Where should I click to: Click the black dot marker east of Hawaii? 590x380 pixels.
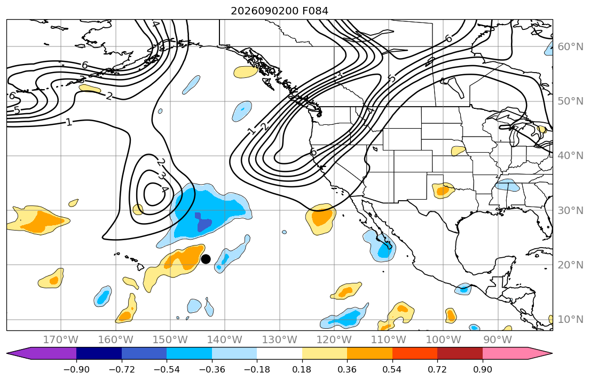point(206,259)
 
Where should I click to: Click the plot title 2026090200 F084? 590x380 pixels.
point(279,11)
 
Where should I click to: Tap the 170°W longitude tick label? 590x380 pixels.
point(61,340)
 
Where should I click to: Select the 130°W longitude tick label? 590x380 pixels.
point(280,340)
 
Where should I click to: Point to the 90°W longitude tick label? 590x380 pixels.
point(498,340)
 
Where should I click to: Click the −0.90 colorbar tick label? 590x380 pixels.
point(76,369)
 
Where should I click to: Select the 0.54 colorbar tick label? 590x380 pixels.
point(392,369)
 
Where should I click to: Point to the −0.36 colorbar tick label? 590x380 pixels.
point(212,369)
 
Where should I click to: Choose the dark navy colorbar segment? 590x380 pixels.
point(99,353)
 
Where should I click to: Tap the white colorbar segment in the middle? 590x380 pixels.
point(280,353)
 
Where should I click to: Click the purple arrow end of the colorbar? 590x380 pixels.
point(42,353)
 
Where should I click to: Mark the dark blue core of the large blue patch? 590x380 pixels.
point(203,223)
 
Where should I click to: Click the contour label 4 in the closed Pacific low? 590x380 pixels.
point(164,189)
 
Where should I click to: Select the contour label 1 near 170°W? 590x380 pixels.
point(68,122)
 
